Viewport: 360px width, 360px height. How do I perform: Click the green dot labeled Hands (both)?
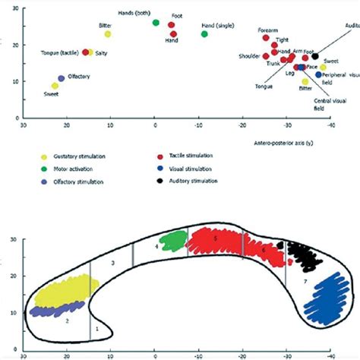156,23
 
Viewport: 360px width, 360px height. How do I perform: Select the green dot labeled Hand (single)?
205,34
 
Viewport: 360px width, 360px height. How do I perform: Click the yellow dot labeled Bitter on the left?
108,34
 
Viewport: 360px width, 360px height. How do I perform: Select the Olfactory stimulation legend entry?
81,182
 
